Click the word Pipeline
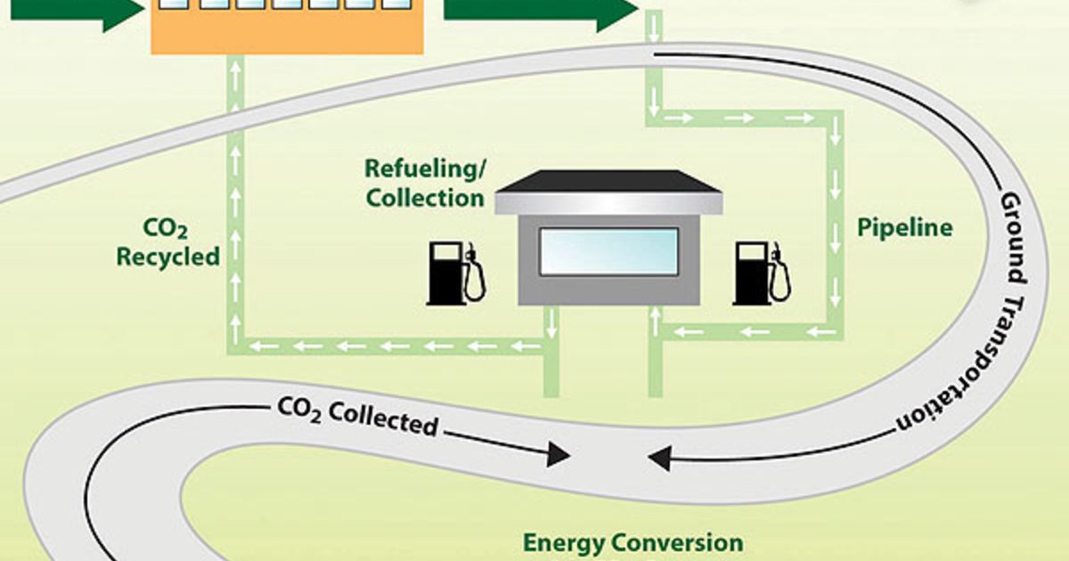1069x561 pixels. pos(904,228)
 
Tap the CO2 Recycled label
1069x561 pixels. pos(167,244)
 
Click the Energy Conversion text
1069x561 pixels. pos(632,542)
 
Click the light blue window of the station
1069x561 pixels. pos(608,251)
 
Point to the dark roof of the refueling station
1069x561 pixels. pos(608,182)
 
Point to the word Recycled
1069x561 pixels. pos(167,257)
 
